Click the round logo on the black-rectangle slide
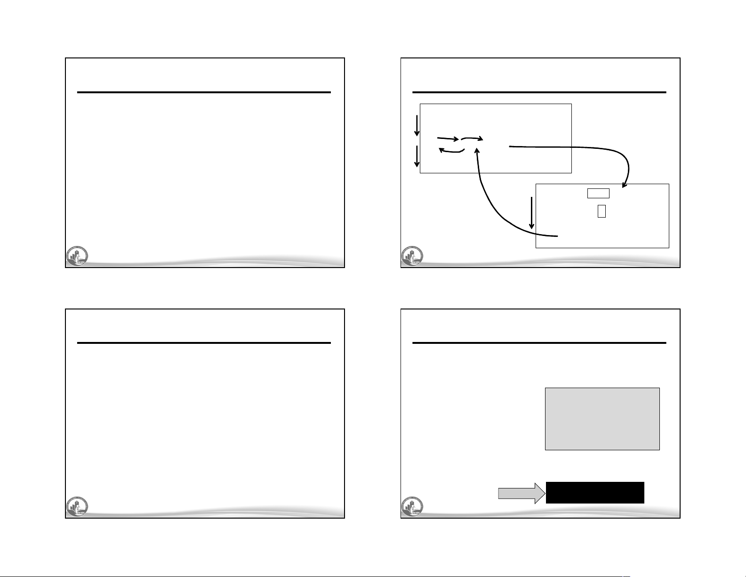412,507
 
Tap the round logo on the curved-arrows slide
412,257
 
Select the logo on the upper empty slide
76,257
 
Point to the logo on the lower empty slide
76,507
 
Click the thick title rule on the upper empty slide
204,92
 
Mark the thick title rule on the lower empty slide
204,343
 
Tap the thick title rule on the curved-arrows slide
539,92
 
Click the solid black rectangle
595,493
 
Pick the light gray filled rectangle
602,419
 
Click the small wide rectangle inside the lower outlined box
598,193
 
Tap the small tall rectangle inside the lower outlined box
602,211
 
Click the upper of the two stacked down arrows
417,126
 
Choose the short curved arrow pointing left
451,151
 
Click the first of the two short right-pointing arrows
448,138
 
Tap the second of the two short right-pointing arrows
473,138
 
